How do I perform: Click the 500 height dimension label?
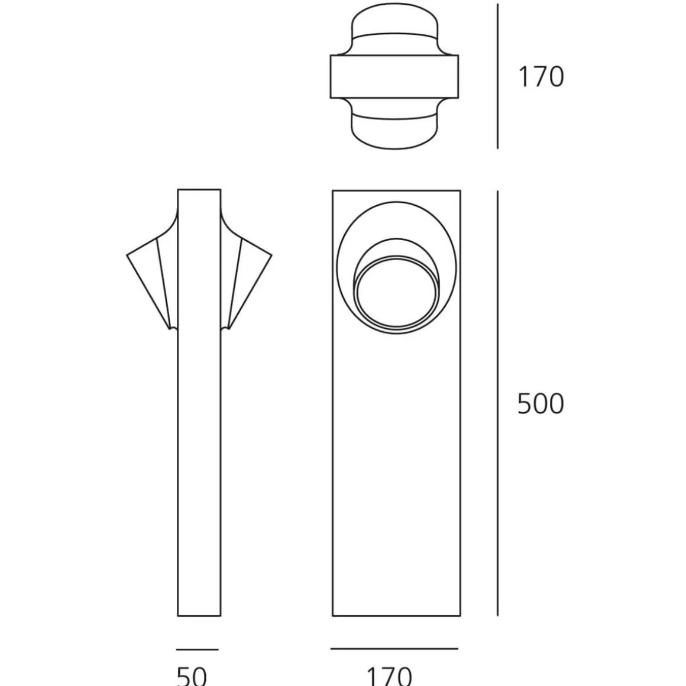[541, 404]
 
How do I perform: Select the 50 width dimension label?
[192, 675]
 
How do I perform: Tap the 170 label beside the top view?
[541, 77]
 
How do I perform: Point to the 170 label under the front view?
[389, 675]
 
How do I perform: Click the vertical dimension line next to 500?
[497, 403]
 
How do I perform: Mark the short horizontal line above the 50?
[198, 649]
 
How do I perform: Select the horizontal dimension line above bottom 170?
[394, 649]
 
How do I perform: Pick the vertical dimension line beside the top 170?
[497, 76]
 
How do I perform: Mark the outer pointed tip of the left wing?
[128, 255]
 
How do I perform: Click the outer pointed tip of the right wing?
[271, 255]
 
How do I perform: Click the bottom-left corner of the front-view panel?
[333, 615]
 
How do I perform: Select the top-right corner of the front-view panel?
[460, 192]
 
